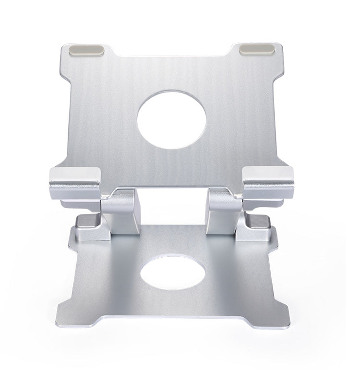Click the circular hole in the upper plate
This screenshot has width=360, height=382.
171,119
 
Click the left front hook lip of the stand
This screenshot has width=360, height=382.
74,182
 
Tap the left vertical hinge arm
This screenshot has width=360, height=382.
120,211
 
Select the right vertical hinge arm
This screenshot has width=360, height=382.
223,211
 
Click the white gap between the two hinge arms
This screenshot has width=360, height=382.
172,206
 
